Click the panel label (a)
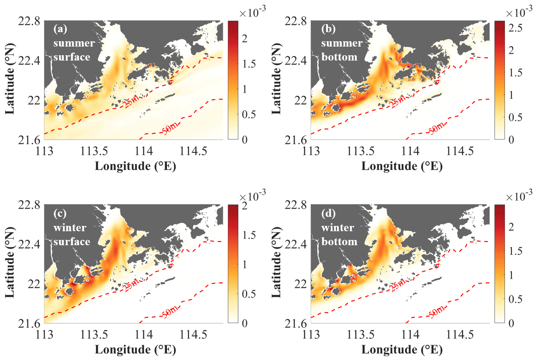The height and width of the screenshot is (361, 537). tap(60, 29)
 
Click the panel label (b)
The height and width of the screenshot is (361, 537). tap(328, 29)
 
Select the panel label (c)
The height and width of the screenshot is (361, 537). tap(60, 213)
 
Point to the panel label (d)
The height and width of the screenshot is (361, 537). tap(328, 213)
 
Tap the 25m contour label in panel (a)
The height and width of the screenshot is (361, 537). tap(130, 101)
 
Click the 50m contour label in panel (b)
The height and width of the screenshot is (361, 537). tap(437, 128)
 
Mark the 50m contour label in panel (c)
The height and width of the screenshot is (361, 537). tap(170, 311)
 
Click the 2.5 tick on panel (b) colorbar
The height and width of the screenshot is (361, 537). tap(515, 28)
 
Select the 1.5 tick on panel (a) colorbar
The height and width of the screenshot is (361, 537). tap(249, 64)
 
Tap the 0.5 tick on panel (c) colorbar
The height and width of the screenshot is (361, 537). tap(249, 294)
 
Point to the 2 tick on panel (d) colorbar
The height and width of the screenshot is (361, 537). tap(511, 227)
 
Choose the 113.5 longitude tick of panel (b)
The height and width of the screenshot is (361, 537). tap(360, 151)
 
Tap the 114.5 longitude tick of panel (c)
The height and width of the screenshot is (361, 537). tap(193, 335)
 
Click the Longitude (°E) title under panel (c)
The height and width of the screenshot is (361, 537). tap(135, 350)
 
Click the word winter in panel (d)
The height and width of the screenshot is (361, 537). tap(337, 227)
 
